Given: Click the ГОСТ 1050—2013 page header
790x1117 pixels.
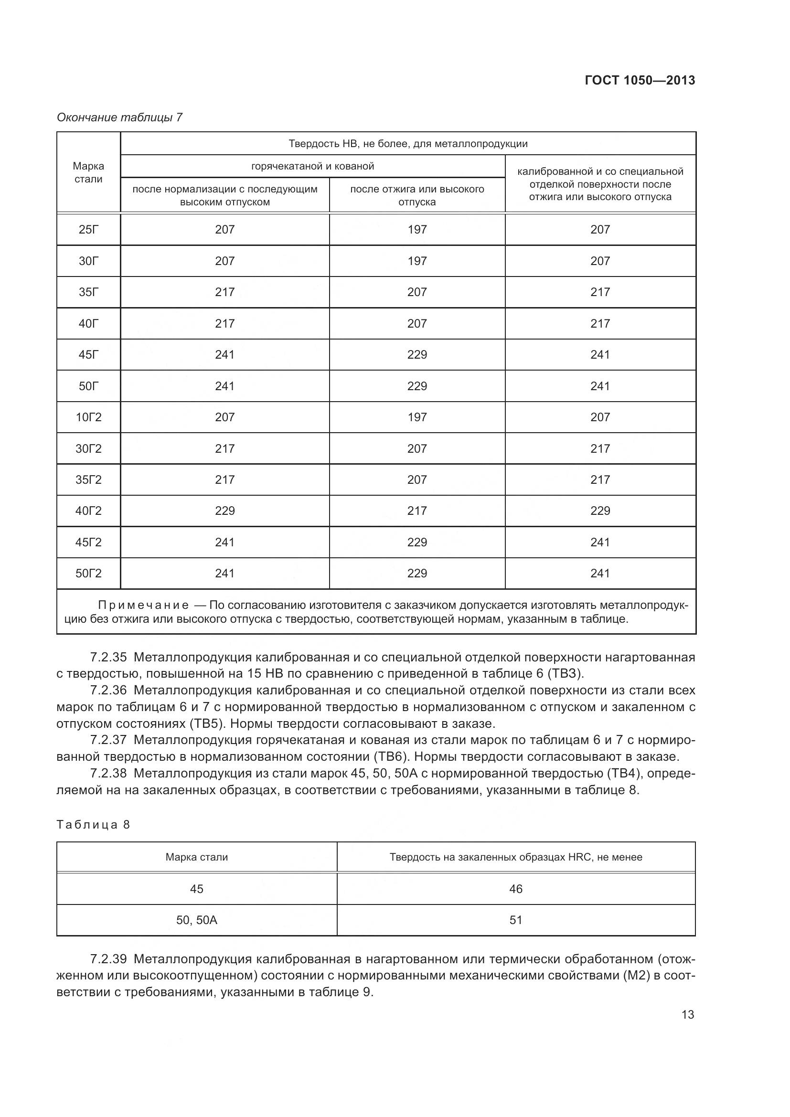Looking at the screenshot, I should click(639, 80).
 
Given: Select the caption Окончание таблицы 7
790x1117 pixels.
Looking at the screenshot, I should click(119, 117).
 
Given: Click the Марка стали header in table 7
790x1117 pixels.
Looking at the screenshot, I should click(88, 172).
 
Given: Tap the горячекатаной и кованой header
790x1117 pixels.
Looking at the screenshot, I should click(312, 166).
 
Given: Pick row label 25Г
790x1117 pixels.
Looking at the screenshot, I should click(88, 230).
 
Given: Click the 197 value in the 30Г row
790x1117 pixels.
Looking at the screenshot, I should click(417, 261).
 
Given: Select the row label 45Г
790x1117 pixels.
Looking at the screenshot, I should click(88, 355).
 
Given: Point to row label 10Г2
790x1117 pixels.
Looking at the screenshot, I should click(88, 417).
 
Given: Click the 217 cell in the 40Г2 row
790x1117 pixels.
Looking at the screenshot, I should click(417, 511).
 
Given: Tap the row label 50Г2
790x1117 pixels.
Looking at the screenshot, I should click(88, 574).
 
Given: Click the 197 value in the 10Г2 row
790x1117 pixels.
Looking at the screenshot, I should click(417, 417).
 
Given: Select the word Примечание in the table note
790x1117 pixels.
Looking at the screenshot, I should click(143, 605).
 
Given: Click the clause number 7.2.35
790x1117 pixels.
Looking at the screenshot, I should click(108, 657).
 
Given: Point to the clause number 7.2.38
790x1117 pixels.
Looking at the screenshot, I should click(108, 773).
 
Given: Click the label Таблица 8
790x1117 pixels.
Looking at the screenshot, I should click(94, 825).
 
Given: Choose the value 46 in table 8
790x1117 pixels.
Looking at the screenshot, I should click(516, 889).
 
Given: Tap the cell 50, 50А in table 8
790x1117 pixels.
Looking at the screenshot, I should click(196, 920).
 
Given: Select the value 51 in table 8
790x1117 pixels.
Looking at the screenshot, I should click(516, 920).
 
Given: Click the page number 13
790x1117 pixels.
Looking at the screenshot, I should click(687, 1015).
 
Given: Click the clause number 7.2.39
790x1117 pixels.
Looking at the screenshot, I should click(108, 959).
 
